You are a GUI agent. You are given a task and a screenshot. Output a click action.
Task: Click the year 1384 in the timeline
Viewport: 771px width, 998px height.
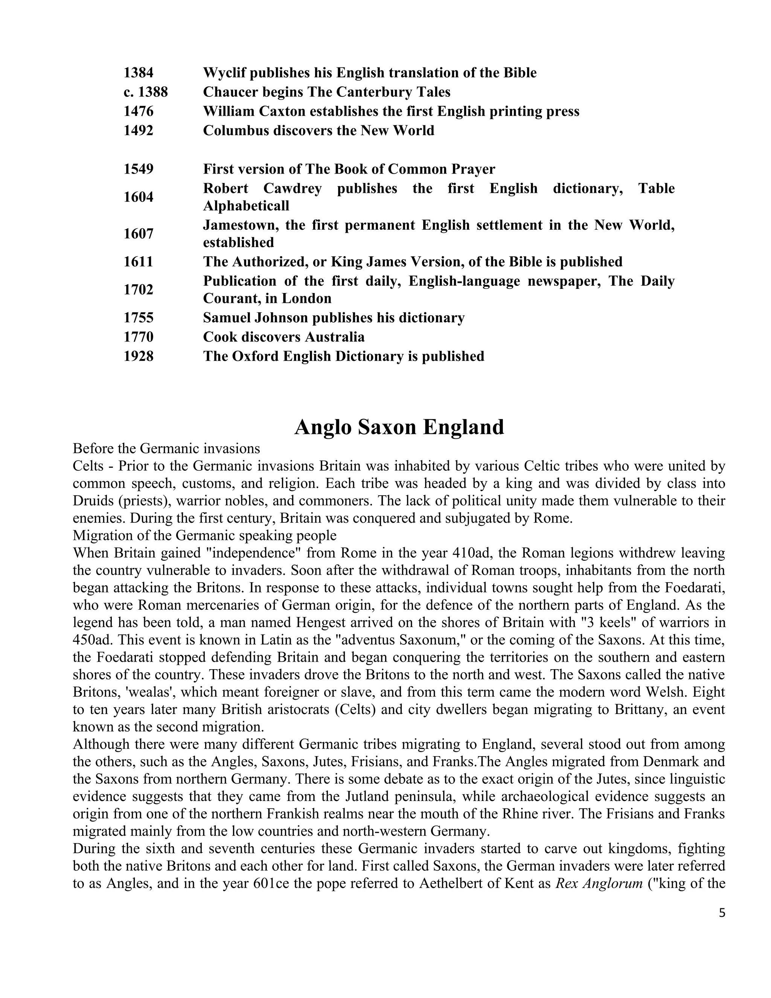(139, 73)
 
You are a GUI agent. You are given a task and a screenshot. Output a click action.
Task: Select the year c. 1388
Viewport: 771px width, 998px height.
(145, 92)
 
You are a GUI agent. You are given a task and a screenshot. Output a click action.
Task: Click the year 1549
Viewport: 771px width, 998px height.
(139, 169)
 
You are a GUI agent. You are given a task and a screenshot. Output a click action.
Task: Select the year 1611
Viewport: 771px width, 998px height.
(139, 261)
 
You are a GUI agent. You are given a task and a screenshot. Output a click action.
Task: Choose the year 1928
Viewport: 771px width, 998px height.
(139, 356)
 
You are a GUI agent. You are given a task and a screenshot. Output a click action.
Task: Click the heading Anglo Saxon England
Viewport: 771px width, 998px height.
(399, 427)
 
